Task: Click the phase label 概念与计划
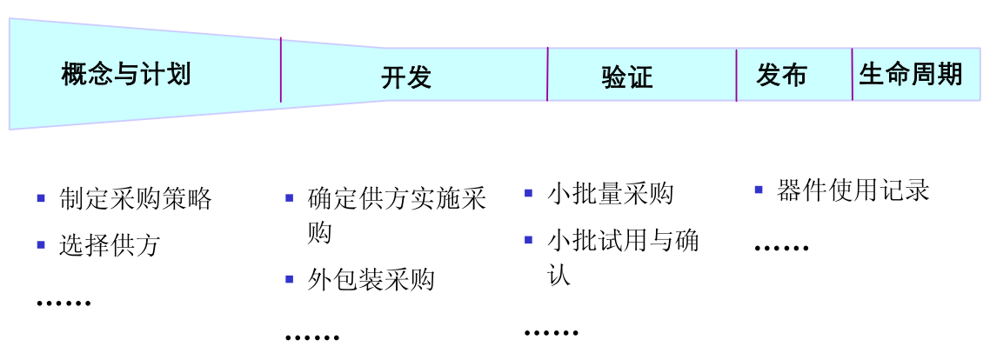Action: click(126, 74)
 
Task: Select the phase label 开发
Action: click(406, 77)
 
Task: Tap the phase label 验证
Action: click(626, 77)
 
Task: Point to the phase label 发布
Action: click(781, 75)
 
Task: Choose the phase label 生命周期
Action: click(911, 74)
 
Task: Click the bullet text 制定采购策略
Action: click(136, 198)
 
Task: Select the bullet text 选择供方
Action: click(110, 245)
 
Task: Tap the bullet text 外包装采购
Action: click(371, 280)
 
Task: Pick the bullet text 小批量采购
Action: click(611, 193)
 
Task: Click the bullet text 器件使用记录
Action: click(853, 190)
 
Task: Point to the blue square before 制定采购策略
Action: click(41, 198)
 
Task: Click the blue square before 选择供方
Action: click(41, 245)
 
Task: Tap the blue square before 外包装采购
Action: click(290, 280)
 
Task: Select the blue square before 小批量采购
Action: click(529, 193)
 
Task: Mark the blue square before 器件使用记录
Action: click(759, 189)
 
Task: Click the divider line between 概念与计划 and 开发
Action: click(281, 70)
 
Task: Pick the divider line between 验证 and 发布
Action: click(736, 75)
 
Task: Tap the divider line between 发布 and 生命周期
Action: click(853, 74)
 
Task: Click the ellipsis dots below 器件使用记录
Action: click(781, 249)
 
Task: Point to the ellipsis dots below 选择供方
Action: click(64, 303)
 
